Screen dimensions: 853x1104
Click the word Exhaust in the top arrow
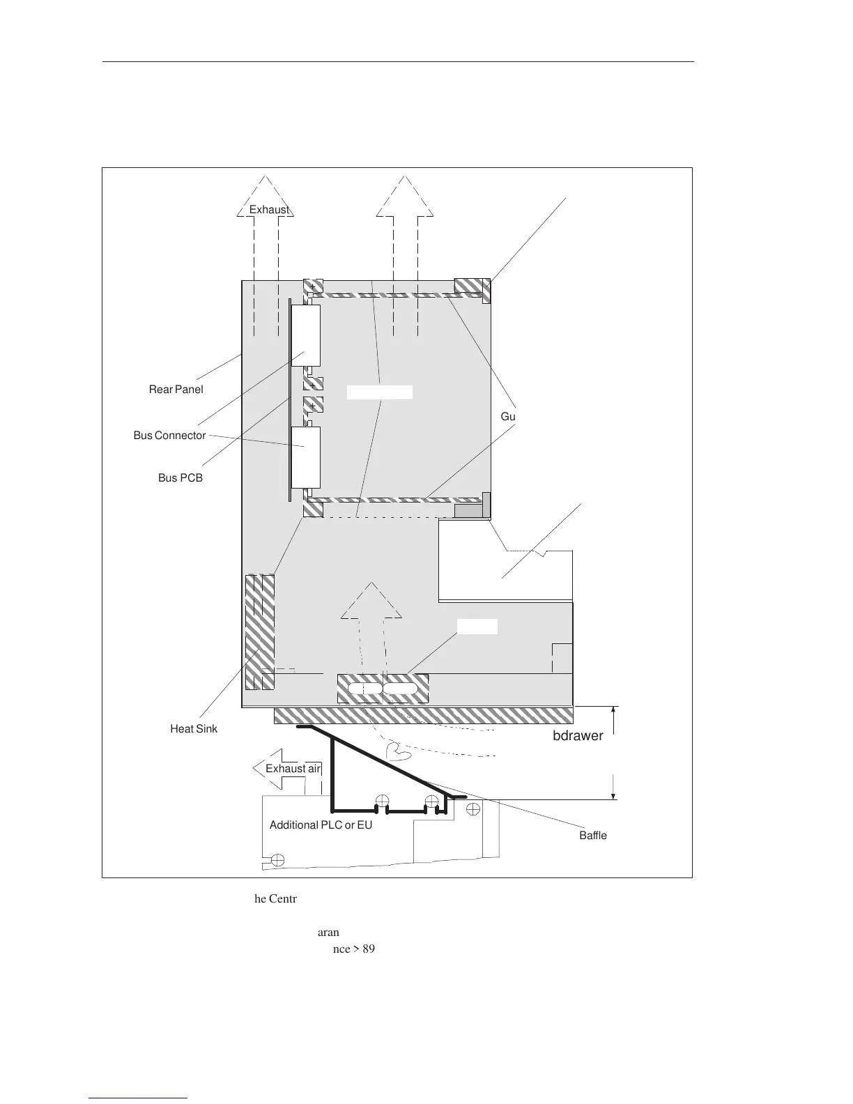coord(269,210)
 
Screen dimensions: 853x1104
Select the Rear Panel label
coord(176,390)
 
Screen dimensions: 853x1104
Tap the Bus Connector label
coord(169,436)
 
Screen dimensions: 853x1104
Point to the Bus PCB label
coord(180,479)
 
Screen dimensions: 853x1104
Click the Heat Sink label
coord(194,729)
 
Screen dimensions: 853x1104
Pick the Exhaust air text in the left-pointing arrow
coord(293,769)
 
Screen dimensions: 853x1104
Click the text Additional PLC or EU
coord(321,825)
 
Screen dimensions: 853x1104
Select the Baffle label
coord(592,836)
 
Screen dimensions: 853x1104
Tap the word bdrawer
coord(578,736)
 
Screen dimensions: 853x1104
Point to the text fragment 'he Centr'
coord(275,899)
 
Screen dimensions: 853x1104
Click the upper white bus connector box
coord(305,335)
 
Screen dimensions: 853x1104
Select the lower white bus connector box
coord(305,457)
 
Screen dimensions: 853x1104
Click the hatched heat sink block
coord(259,631)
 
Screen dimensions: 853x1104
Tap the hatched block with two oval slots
coord(383,689)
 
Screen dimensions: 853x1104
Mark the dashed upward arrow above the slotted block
coord(371,610)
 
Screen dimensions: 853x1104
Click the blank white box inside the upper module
coord(380,392)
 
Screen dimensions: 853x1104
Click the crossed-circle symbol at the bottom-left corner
coord(277,859)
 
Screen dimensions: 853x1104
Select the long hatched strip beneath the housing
coord(423,715)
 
